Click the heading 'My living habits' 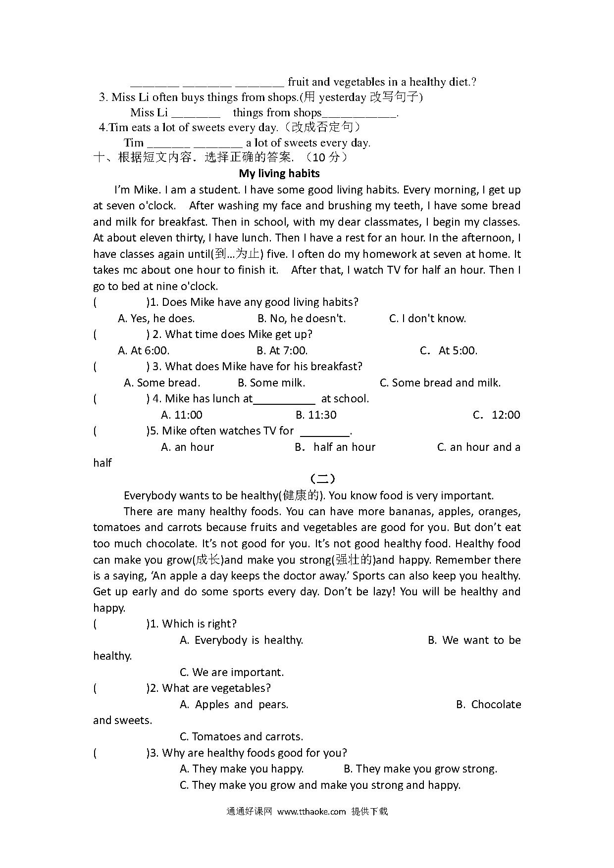tap(279, 173)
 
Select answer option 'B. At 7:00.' tap(282, 350)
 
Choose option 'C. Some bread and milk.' tap(440, 383)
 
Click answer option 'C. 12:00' tap(497, 415)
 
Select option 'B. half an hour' tap(335, 447)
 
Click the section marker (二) tap(322, 479)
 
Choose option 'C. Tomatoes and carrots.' tap(241, 736)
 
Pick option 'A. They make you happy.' tap(242, 769)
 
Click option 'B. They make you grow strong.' tap(420, 769)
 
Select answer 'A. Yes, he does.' tap(156, 318)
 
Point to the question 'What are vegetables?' tap(216, 688)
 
